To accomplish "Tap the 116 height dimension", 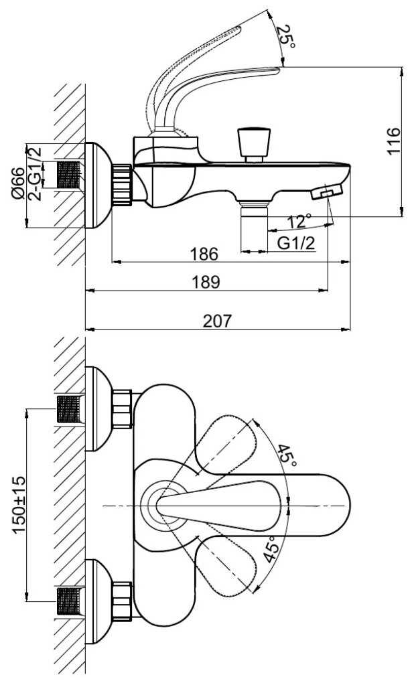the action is click(393, 141).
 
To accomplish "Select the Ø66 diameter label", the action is click(19, 183).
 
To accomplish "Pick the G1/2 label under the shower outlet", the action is click(297, 243).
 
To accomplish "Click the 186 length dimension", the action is click(204, 254).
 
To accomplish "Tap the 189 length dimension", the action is click(206, 283).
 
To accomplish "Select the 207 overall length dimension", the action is click(218, 321).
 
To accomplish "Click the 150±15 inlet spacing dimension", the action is click(19, 505).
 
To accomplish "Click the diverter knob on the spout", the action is click(253, 144).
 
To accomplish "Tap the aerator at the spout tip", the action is click(327, 192).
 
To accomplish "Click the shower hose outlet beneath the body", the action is click(254, 227).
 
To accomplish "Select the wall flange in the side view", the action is click(98, 185).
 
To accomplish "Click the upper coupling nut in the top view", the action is click(122, 409).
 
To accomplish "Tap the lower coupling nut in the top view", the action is click(122, 601).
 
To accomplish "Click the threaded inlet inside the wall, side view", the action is click(69, 175).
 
